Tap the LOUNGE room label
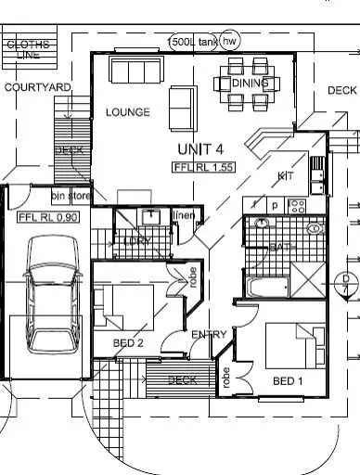pos(127,112)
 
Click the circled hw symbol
pos(229,42)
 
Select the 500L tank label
pos(192,42)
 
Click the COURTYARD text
pos(37,87)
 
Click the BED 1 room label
pos(289,381)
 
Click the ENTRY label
pos(209,334)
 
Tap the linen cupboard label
pos(184,216)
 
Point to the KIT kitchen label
pos(286,175)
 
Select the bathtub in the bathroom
pos(266,284)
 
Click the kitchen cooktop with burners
pos(298,205)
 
